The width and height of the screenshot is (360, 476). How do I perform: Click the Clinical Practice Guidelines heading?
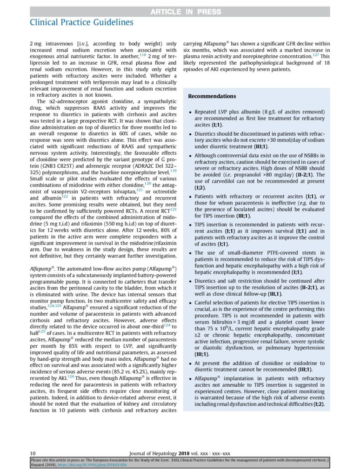pos(81,22)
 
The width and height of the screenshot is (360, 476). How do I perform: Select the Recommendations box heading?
pos(212,96)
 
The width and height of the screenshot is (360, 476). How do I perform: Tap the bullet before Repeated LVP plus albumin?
pos(191,112)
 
